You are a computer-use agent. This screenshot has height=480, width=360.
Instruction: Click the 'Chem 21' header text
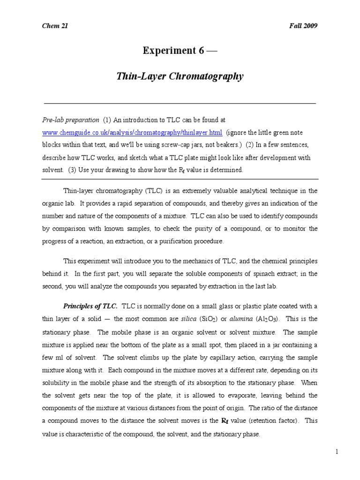[55, 26]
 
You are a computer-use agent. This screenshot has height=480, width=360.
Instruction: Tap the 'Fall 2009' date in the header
[303, 26]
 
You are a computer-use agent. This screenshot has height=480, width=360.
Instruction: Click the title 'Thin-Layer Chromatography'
[180, 76]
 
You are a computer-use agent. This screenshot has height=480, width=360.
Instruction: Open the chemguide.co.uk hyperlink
[132, 133]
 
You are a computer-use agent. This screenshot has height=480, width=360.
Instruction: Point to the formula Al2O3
[268, 319]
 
